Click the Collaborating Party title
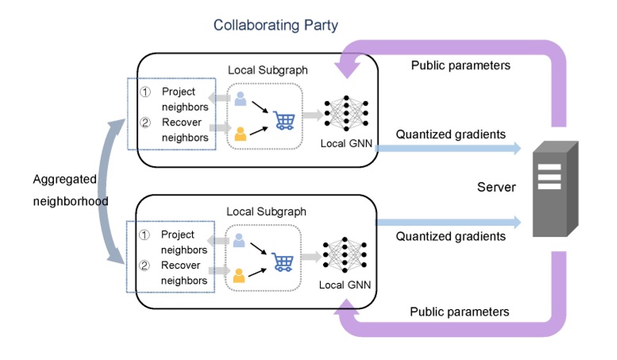276,25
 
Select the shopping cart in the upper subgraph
284,120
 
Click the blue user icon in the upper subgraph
241,99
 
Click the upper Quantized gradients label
450,134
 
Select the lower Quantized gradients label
450,236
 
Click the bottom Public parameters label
459,312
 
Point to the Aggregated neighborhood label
70,191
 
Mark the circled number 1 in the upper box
145,92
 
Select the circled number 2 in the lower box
145,265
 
